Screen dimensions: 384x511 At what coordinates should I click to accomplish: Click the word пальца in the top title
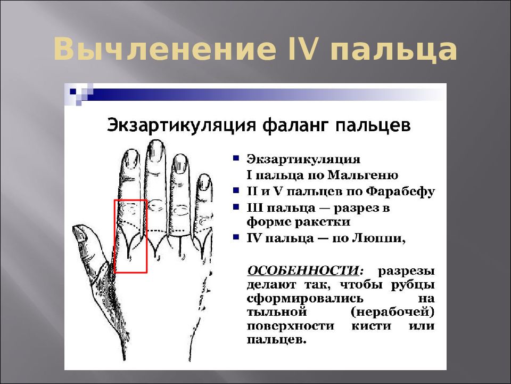tap(394, 52)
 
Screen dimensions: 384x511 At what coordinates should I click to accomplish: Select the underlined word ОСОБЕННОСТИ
tap(301, 270)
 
